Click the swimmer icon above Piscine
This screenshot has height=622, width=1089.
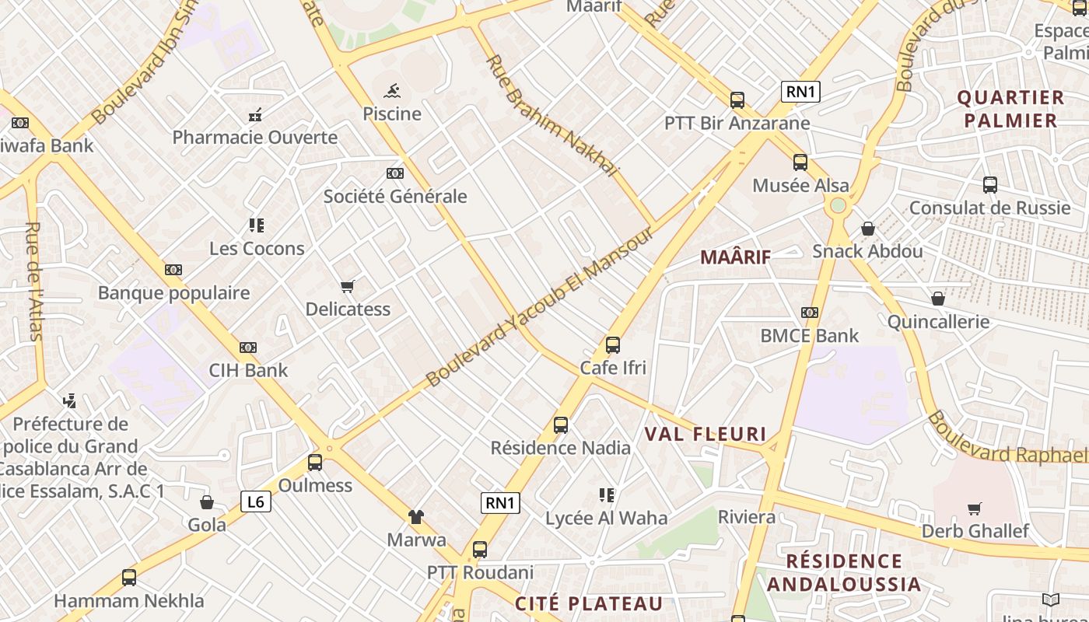[x=392, y=90]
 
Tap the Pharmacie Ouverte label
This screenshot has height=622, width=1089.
[x=255, y=138]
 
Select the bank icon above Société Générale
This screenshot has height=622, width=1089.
[x=395, y=173]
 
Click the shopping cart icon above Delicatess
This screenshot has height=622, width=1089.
[x=348, y=286]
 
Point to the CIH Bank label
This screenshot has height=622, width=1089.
[x=248, y=370]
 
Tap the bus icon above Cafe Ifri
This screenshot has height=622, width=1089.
[x=613, y=344]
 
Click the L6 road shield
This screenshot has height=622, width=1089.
[x=255, y=502]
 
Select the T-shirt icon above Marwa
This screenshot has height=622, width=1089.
[x=416, y=516]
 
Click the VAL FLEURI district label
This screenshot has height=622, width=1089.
[x=706, y=434]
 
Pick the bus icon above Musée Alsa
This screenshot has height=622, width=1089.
[x=800, y=162]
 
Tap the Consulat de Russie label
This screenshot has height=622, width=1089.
[x=989, y=208]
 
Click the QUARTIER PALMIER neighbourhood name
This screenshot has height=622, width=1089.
[x=1010, y=109]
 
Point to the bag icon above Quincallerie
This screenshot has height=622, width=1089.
[x=938, y=299]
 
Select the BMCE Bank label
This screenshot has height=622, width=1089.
[x=809, y=336]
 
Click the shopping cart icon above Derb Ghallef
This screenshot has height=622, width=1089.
[x=975, y=508]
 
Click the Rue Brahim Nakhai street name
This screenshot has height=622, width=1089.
[x=552, y=116]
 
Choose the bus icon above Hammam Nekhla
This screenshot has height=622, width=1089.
[x=129, y=578]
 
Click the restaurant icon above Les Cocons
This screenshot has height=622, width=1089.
[x=257, y=225]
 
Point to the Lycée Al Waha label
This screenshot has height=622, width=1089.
[x=606, y=518]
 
